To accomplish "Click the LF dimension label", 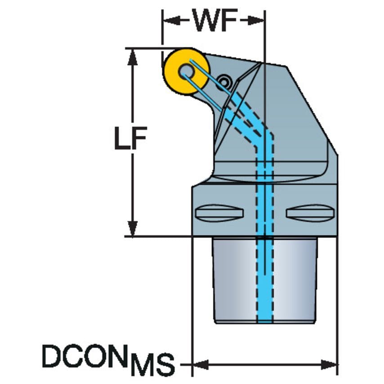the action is coord(131,138).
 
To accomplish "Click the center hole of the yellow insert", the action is coord(186,71).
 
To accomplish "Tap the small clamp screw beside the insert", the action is coord(224,81).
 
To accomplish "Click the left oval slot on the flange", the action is coord(219,213).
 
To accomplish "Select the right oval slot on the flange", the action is coord(310,213).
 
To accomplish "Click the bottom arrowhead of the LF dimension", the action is coord(133,228).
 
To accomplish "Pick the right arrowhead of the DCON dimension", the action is coord(330,364).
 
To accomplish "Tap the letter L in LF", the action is coord(122,138).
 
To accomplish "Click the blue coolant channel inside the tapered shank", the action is coord(265,279).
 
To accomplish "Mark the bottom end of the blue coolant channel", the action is coord(265,322).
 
